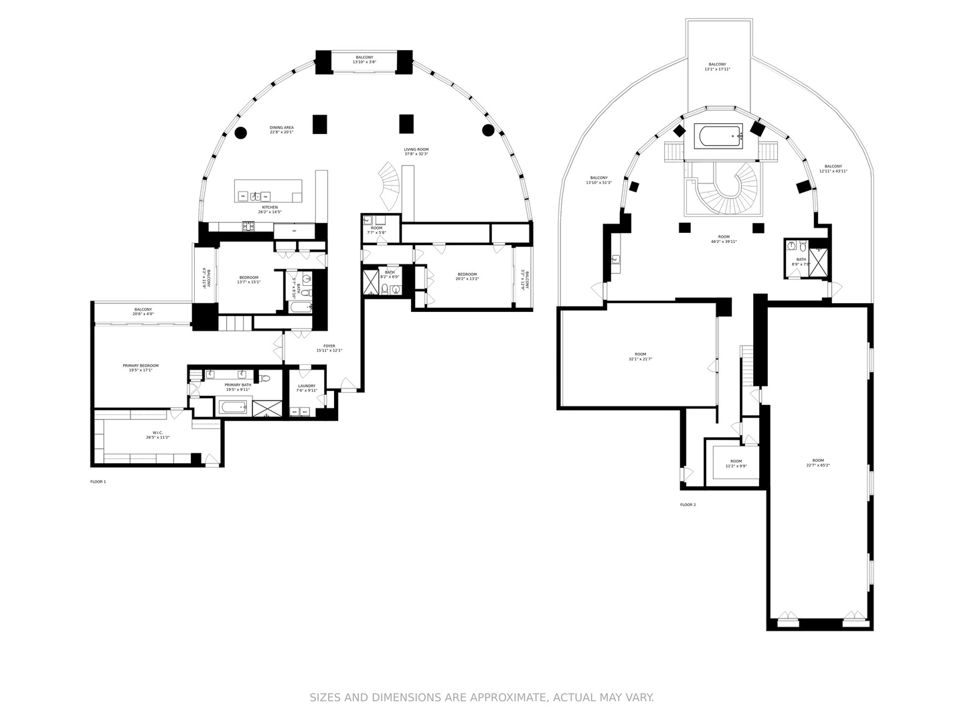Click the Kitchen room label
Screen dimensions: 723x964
[270, 210]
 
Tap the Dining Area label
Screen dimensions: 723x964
[281, 129]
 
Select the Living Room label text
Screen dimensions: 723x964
[416, 151]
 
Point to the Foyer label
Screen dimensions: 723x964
[329, 348]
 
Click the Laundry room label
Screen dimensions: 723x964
[307, 388]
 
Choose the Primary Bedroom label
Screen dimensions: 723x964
[141, 368]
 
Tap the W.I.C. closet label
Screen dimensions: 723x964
[157, 434]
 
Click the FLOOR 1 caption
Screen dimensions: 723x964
[98, 481]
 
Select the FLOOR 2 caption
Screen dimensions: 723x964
[688, 505]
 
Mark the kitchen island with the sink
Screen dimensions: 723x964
[268, 191]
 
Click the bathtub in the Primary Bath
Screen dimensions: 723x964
[234, 406]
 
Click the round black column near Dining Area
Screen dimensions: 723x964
[240, 133]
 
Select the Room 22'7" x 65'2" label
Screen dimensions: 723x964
[818, 463]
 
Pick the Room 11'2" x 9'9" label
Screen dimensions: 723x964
[736, 463]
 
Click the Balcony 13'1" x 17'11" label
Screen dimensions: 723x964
[717, 66]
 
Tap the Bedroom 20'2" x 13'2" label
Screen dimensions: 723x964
[467, 276]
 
